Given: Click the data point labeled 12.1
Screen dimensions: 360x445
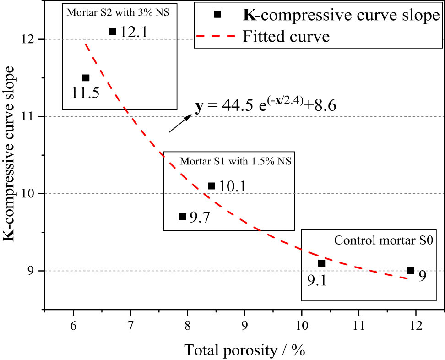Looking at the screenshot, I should coord(113,32).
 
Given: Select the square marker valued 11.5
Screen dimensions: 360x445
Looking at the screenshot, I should coord(86,78).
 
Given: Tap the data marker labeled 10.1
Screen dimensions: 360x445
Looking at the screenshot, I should coord(211,186).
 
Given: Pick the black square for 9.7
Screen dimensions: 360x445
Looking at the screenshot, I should coord(183,217).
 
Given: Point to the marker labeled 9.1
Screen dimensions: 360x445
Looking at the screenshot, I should coord(321,263).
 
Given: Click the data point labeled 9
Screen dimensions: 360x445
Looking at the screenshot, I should coord(411,271).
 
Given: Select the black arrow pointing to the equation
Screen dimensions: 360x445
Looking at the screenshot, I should coord(180,124).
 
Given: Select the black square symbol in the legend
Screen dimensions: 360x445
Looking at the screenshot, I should coord(217,14).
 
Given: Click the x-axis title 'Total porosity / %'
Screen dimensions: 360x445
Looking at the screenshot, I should coord(244,350).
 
